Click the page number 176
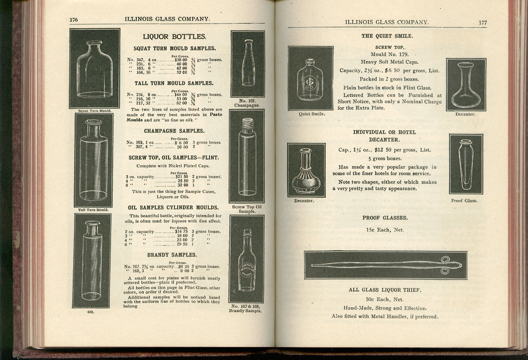click(74, 19)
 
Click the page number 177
click(483, 23)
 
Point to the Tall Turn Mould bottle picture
click(94, 160)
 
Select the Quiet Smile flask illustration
click(311, 78)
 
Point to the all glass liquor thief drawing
click(386, 265)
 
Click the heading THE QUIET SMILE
click(387, 36)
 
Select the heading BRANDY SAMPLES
click(171, 255)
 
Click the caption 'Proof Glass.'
click(464, 201)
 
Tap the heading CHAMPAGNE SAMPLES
click(174, 131)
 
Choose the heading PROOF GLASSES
click(385, 218)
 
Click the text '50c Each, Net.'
click(384, 299)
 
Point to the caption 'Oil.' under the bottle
click(90, 312)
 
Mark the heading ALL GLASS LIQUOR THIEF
click(385, 290)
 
